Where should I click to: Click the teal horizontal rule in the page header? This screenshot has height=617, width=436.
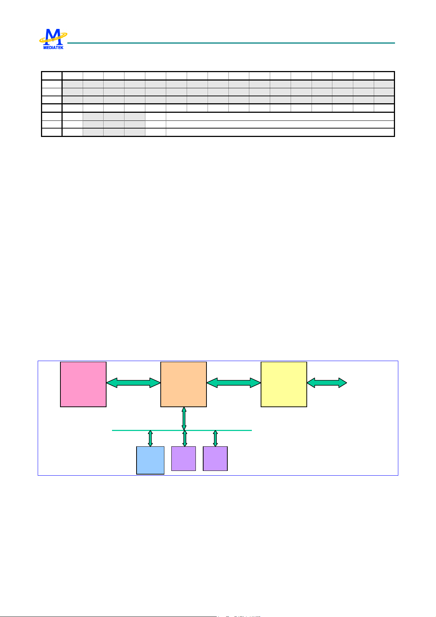click(x=231, y=43)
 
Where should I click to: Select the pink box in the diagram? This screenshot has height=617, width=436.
click(x=83, y=384)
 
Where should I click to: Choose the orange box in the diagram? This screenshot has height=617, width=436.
click(x=183, y=384)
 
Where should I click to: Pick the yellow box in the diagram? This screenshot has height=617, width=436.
click(x=284, y=384)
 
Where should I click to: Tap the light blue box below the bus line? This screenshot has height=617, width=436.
click(x=150, y=460)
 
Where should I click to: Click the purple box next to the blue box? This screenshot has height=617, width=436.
click(x=183, y=458)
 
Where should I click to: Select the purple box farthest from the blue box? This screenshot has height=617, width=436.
click(x=215, y=458)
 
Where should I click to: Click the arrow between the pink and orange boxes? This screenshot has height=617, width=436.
click(x=133, y=383)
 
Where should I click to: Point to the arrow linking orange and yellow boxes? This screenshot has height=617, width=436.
click(x=234, y=383)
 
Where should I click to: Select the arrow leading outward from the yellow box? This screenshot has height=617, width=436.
click(x=327, y=383)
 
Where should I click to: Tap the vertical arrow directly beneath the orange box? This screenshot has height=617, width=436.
click(x=184, y=418)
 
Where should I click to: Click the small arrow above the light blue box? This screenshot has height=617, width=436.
click(x=150, y=438)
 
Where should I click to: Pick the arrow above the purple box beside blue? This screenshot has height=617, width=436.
click(x=185, y=438)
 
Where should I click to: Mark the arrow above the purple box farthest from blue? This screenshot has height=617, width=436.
click(x=215, y=438)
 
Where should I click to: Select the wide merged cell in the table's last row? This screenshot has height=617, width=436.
click(x=280, y=132)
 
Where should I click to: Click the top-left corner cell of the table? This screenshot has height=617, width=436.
click(x=52, y=76)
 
